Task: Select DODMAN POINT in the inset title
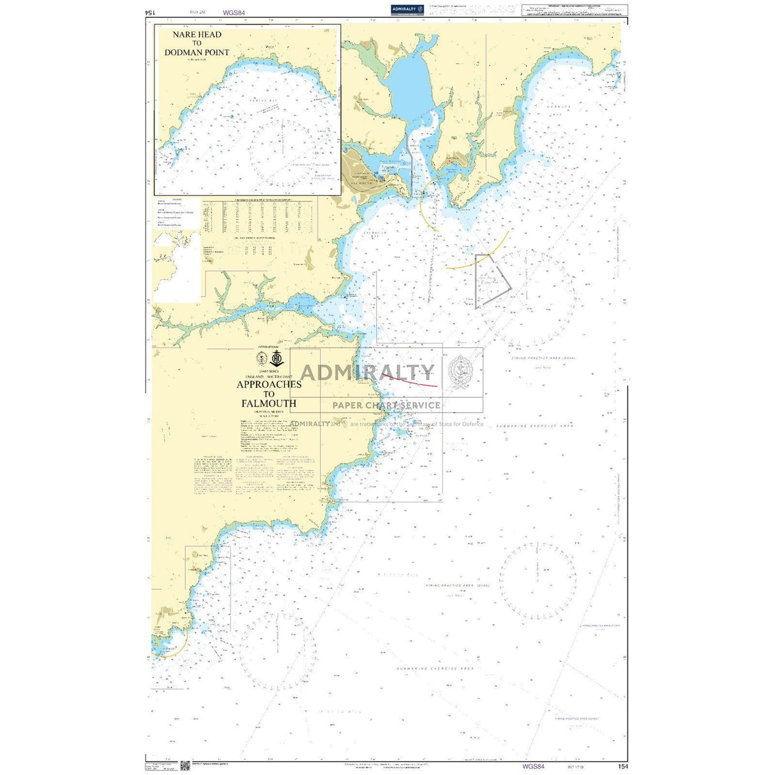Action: [x=197, y=52]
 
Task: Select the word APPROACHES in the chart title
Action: [x=269, y=384]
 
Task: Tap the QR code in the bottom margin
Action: [x=185, y=765]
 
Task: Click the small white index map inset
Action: [x=177, y=267]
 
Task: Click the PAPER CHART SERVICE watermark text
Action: [x=386, y=405]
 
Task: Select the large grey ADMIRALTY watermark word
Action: [x=367, y=373]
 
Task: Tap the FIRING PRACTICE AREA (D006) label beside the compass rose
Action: [x=458, y=585]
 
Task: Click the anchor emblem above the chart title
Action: [x=276, y=357]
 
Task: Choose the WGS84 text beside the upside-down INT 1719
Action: [x=234, y=12]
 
